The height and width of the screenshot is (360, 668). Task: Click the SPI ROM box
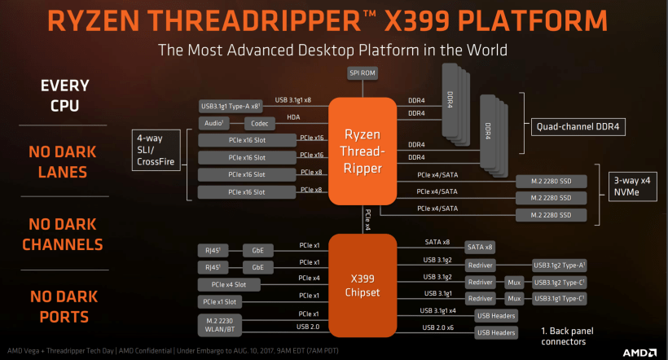tap(363, 73)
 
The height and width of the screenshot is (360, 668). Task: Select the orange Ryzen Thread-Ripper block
tap(363, 151)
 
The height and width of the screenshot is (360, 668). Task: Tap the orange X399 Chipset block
tap(363, 285)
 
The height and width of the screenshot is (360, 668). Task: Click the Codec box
tap(259, 124)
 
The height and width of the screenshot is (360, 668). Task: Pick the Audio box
tap(214, 124)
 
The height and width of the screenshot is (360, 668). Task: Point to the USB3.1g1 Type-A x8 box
tap(231, 106)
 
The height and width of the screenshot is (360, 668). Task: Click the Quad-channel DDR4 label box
tap(578, 127)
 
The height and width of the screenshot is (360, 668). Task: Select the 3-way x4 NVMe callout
tap(633, 187)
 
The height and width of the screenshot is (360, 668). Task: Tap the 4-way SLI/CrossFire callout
tap(156, 150)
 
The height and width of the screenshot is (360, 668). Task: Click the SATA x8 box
tap(480, 247)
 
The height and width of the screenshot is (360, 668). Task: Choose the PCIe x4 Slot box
tap(229, 284)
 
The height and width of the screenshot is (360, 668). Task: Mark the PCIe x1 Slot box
tap(220, 302)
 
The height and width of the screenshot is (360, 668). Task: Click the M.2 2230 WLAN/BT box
tap(220, 325)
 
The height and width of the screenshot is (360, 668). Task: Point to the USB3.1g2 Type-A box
tap(560, 266)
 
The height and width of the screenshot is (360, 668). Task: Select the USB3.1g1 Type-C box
tap(560, 299)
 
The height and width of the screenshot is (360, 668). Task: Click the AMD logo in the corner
tap(639, 353)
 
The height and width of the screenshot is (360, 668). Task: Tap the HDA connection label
tap(293, 117)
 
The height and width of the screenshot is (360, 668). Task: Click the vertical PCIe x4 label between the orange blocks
tap(367, 220)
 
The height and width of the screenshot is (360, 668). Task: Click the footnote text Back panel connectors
tap(567, 336)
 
